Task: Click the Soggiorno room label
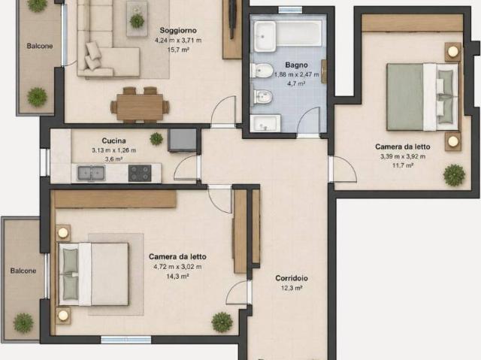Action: pyautogui.click(x=178, y=31)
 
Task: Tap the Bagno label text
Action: pyautogui.click(x=296, y=65)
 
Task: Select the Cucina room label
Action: pyautogui.click(x=113, y=141)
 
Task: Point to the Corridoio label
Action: pyautogui.click(x=292, y=278)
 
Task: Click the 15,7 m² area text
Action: pyautogui.click(x=178, y=50)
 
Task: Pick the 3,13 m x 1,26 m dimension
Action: pyautogui.click(x=113, y=150)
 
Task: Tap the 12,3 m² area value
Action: pyautogui.click(x=292, y=288)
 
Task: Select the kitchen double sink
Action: pyautogui.click(x=91, y=174)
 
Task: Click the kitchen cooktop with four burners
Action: pyautogui.click(x=140, y=174)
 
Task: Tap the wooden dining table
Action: pyautogui.click(x=140, y=107)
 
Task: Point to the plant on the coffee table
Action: pyautogui.click(x=137, y=21)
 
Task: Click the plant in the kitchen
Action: pyautogui.click(x=156, y=139)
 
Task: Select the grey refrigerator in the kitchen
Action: pyautogui.click(x=182, y=140)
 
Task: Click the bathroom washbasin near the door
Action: pyautogui.click(x=265, y=123)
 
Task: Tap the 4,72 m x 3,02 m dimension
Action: pyautogui.click(x=177, y=267)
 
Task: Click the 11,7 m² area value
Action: pyautogui.click(x=403, y=165)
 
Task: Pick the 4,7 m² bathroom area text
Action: pyautogui.click(x=296, y=83)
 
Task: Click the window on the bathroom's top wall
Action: pyautogui.click(x=290, y=10)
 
